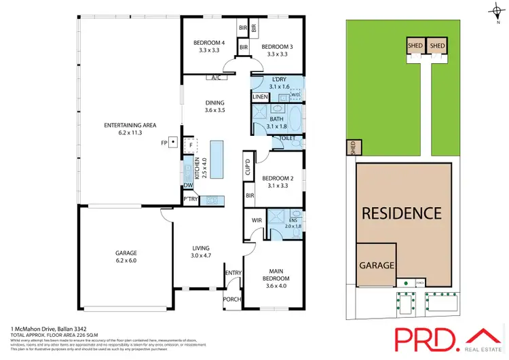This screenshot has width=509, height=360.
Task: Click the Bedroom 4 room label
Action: pyautogui.click(x=208, y=45)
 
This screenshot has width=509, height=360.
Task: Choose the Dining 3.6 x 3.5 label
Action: pyautogui.click(x=214, y=105)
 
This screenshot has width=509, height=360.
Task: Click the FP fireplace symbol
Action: pyautogui.click(x=173, y=143)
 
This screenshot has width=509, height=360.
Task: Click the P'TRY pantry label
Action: pyautogui.click(x=190, y=199)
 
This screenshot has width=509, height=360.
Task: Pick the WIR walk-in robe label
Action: pyautogui.click(x=257, y=220)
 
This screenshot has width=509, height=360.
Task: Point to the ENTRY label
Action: pyautogui.click(x=233, y=273)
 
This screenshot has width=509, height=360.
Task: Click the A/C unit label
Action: pyautogui.click(x=216, y=77)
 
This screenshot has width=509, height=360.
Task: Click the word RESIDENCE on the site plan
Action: pyautogui.click(x=401, y=213)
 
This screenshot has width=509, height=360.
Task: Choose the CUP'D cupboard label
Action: pyautogui.click(x=248, y=167)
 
